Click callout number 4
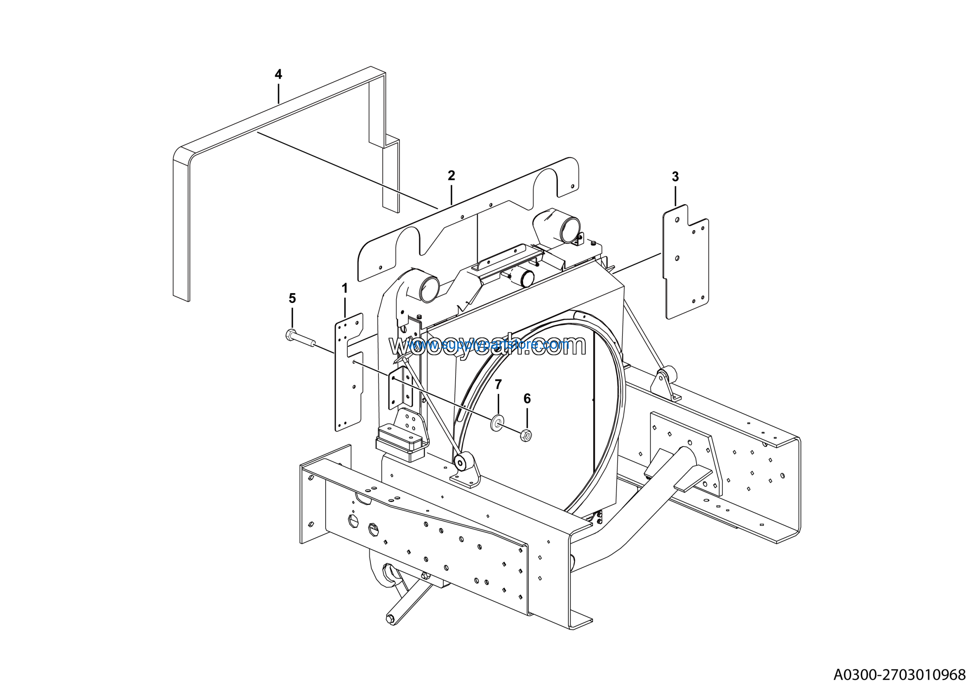coord(278,74)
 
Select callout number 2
coord(451,175)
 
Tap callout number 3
coord(675,177)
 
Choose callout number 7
coord(498,385)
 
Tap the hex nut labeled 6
coord(526,435)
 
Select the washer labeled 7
coord(498,424)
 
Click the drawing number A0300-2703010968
coord(899,675)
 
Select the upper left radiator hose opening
coord(429,289)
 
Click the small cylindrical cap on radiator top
coord(525,279)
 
